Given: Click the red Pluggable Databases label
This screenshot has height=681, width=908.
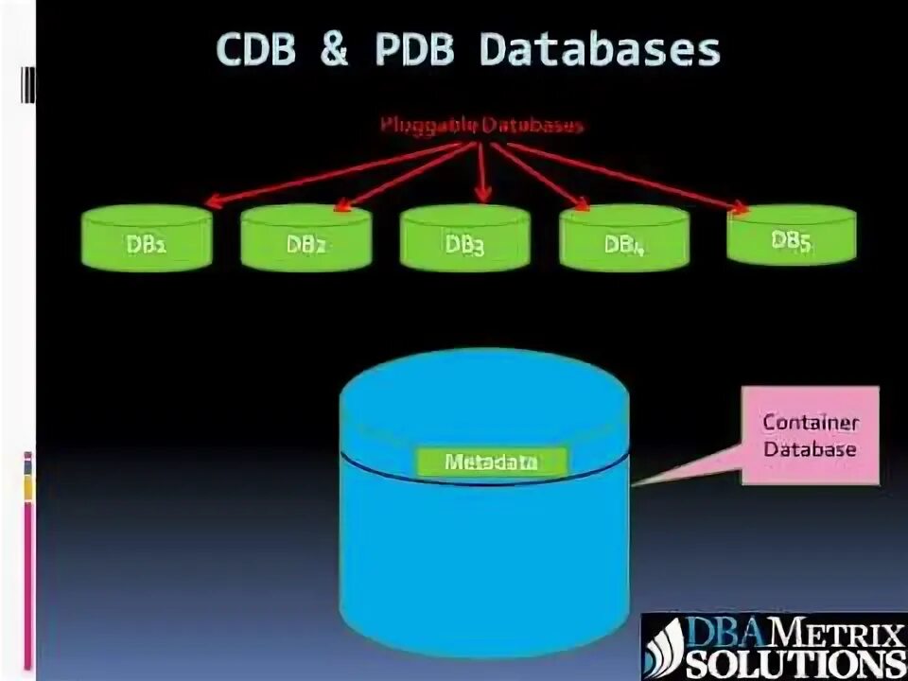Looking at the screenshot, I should (482, 125).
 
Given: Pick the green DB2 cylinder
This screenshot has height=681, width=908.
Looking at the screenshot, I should (306, 241).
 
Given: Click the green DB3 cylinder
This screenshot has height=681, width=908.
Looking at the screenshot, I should (464, 242).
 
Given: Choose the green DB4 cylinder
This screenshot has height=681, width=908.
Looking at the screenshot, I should (623, 241).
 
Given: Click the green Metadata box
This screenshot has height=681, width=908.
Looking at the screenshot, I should (491, 463).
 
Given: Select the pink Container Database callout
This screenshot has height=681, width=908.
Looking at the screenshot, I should (809, 435).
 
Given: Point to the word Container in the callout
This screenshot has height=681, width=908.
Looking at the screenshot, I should (810, 423).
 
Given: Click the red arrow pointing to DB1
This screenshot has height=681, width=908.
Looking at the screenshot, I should (331, 173).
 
